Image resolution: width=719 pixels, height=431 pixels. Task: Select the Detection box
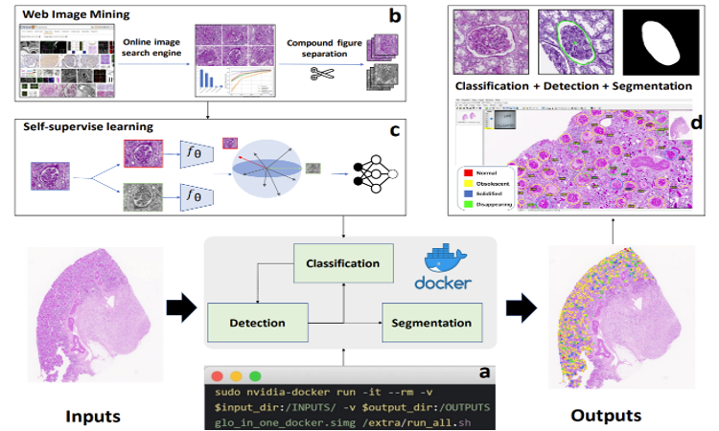pyautogui.click(x=258, y=323)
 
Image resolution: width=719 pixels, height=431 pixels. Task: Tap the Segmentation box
pyautogui.click(x=429, y=323)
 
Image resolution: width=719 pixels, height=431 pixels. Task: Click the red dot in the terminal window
pyautogui.click(x=218, y=375)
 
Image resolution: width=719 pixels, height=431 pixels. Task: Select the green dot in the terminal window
pyautogui.click(x=254, y=375)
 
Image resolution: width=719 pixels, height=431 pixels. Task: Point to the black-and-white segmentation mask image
pyautogui.click(x=657, y=40)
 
